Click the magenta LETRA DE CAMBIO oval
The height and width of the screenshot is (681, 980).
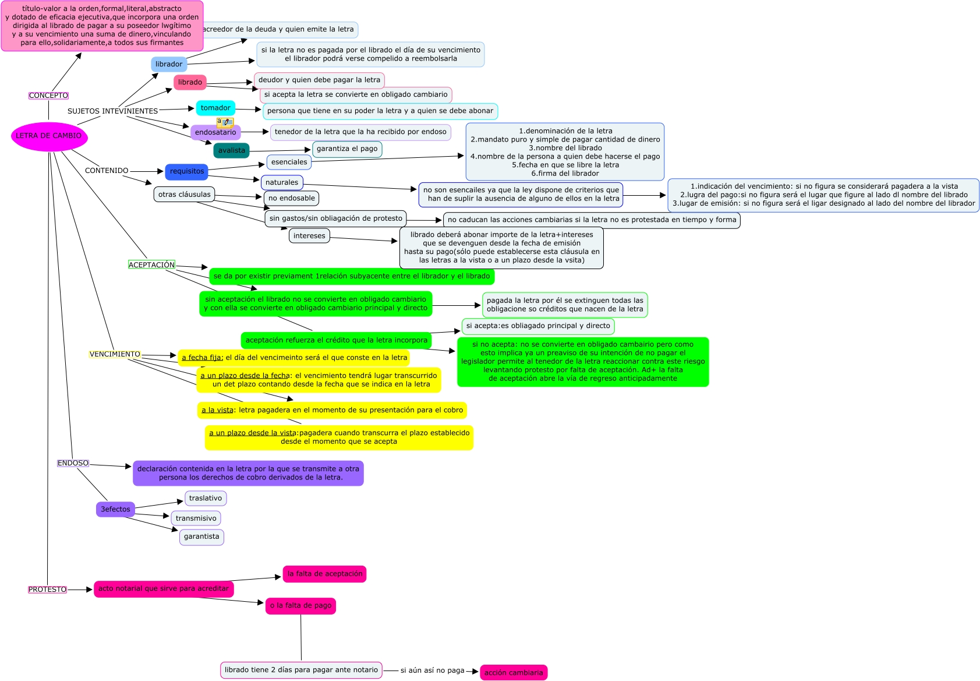coord(49,136)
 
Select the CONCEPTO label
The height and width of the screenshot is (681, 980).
coord(48,96)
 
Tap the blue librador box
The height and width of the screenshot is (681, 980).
coord(169,64)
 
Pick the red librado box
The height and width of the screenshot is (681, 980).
coord(190,82)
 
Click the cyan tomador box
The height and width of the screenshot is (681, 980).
coord(215,108)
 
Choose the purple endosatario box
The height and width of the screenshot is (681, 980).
coord(215,133)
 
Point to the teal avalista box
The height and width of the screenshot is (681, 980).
coord(232,150)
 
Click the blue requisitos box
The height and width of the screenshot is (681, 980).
coord(187,171)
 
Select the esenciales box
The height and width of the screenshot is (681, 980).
coord(289,162)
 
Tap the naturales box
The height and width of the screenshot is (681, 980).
coord(282,182)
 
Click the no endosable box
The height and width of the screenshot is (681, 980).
coord(292,198)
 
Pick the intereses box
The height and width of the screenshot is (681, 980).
coord(309,236)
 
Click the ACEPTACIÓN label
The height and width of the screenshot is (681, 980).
coord(151,264)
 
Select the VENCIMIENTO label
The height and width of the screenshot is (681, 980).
coord(115,354)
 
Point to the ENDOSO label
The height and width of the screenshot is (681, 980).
coord(73,463)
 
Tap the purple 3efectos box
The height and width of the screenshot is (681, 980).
coord(115,509)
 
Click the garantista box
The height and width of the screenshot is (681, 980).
coord(201,537)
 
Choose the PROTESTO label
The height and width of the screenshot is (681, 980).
coord(48,590)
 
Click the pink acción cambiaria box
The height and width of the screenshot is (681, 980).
coord(514,672)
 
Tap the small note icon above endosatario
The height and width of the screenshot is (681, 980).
coord(225,122)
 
